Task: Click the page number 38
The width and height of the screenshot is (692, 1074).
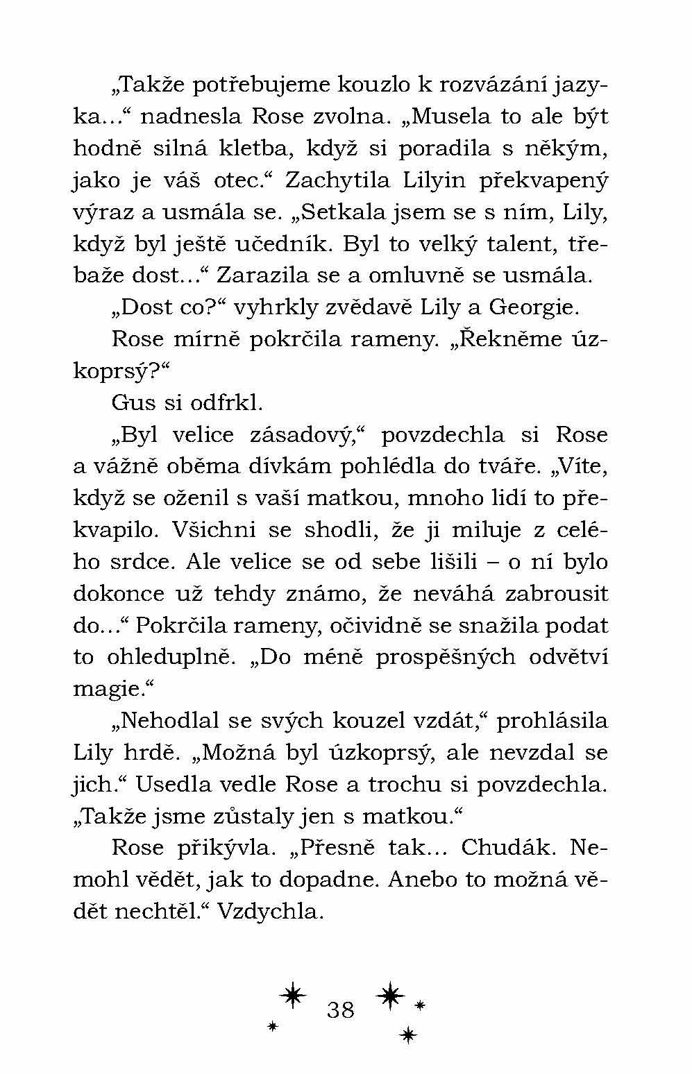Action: click(340, 1009)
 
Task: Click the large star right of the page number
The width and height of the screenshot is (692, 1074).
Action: click(390, 995)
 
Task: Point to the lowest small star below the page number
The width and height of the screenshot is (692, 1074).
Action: click(408, 1036)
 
